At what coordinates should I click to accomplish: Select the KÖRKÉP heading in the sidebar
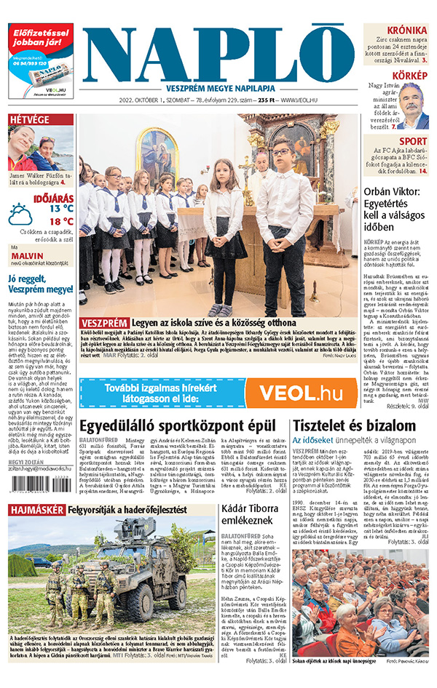(x=410, y=76)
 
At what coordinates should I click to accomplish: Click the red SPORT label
(x=413, y=141)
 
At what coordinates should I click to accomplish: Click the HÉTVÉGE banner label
(x=30, y=119)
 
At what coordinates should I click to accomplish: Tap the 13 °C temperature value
(x=61, y=208)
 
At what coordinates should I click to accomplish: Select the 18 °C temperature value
(x=61, y=221)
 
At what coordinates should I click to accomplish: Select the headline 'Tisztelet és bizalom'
(x=350, y=426)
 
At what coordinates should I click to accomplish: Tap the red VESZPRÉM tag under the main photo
(x=105, y=322)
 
